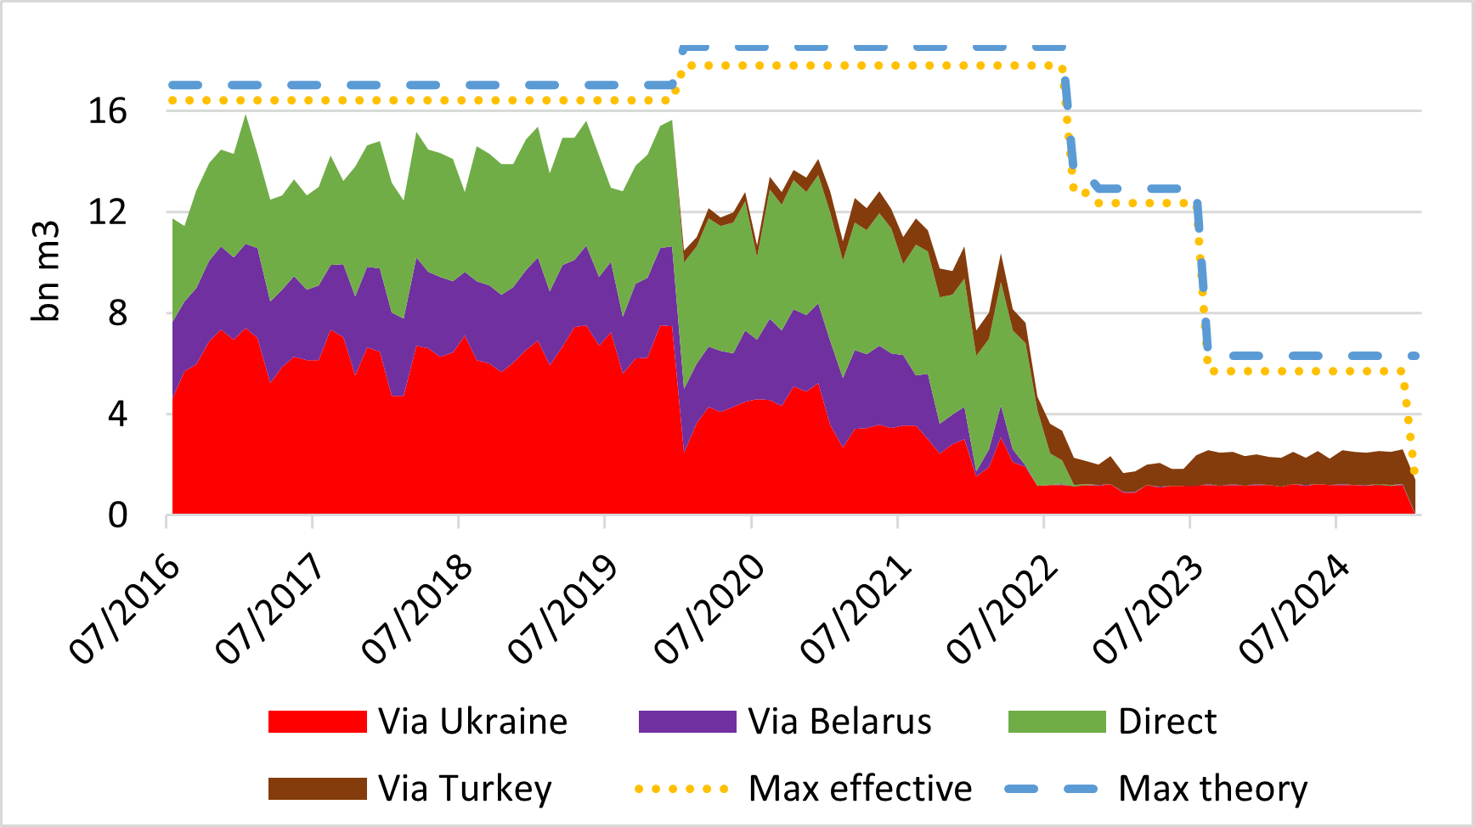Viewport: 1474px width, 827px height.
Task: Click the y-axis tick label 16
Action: pos(107,111)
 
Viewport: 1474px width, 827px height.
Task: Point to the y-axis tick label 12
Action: pos(107,212)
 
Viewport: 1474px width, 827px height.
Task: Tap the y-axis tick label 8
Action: pos(116,313)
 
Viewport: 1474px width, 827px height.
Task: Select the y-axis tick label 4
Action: pos(116,414)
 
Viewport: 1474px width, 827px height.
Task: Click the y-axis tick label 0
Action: pos(116,515)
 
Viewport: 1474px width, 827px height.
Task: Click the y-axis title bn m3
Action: pos(46,272)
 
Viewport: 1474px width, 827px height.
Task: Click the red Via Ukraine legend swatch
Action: pos(317,722)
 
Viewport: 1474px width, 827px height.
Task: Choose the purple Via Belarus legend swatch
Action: pos(686,722)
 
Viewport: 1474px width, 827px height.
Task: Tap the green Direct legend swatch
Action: pos(1057,722)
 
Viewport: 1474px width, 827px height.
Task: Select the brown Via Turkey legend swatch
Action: pos(317,789)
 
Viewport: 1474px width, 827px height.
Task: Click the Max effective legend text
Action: pos(860,789)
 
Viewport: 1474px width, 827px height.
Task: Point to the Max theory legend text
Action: pos(1212,789)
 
